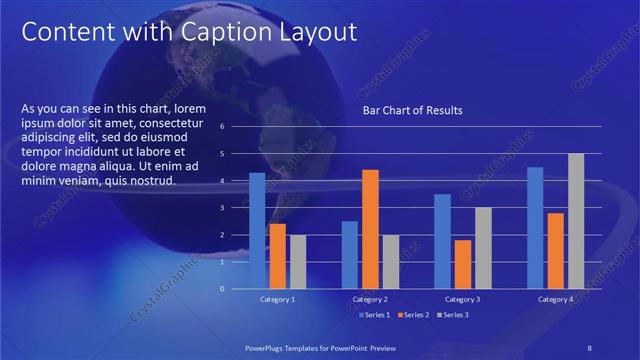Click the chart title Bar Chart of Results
tap(412, 110)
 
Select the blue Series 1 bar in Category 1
tap(257, 230)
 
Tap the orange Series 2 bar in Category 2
tap(370, 228)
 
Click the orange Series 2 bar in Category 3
tap(462, 264)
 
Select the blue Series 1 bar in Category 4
tap(535, 227)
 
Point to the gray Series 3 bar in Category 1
tap(298, 261)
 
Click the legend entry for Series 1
tap(372, 315)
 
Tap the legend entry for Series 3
tap(453, 315)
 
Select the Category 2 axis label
tap(370, 299)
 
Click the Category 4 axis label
tap(555, 299)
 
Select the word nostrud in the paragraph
tap(154, 181)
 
